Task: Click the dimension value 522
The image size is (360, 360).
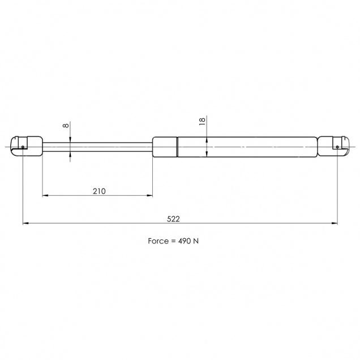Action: (x=173, y=219)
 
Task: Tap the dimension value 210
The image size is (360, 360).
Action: (x=99, y=191)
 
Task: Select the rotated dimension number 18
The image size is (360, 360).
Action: (x=202, y=121)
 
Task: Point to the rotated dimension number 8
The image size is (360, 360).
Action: (x=66, y=126)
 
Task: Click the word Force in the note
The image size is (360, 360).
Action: (x=158, y=241)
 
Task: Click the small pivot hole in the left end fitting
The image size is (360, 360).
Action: (x=23, y=147)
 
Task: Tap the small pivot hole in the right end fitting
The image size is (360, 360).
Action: (x=337, y=147)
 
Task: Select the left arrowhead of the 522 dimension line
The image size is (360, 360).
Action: (x=25, y=223)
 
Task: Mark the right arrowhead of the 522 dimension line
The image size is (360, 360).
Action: (x=335, y=223)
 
